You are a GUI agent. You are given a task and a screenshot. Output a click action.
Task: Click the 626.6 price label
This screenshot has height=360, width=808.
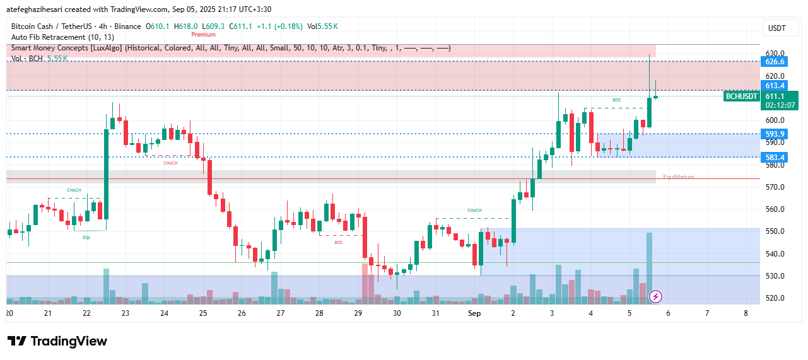coord(775,62)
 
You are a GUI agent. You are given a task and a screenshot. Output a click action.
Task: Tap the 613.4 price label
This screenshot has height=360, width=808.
coord(775,86)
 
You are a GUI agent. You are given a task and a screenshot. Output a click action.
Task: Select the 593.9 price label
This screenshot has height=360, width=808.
coord(775,134)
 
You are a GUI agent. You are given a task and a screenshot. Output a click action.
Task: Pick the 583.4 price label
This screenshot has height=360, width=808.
coord(775,157)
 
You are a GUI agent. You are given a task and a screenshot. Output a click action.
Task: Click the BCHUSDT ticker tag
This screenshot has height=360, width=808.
coord(741,96)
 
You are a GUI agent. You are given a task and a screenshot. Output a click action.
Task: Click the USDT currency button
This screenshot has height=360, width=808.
coord(776,28)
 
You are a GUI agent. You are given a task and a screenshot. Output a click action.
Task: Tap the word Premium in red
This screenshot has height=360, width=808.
coord(203,35)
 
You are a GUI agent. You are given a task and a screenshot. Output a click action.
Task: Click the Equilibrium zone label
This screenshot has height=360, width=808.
coord(678,177)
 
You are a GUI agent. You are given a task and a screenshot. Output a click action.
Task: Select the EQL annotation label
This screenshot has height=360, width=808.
coord(86,238)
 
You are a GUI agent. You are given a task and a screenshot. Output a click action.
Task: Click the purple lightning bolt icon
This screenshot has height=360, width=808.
coord(655,296)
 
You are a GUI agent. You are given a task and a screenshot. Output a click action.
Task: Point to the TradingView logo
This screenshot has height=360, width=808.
coord(57,341)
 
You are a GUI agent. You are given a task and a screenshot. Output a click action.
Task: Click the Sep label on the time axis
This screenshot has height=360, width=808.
coord(474,313)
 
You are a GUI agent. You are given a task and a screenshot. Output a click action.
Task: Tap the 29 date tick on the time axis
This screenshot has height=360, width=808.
coord(358,313)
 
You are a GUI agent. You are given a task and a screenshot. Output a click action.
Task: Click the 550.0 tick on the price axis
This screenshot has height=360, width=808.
coord(775,231)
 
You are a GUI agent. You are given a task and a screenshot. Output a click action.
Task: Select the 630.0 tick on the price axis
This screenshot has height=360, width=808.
coord(775,54)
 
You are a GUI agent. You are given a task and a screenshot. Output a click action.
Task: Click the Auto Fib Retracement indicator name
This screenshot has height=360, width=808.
coord(48,37)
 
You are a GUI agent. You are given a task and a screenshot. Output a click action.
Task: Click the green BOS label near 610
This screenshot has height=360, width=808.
coord(616,100)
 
